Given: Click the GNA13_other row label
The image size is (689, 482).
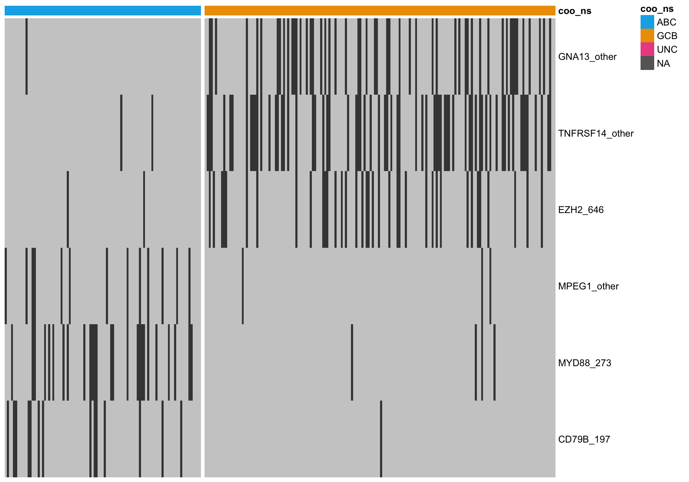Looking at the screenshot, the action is tap(587, 57).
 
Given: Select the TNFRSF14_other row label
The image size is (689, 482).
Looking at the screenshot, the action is tap(596, 133).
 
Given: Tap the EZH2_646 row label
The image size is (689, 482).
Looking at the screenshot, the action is tap(581, 210).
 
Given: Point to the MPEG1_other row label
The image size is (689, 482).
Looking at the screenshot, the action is tap(588, 286).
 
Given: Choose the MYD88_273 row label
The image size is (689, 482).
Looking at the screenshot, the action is tap(585, 363).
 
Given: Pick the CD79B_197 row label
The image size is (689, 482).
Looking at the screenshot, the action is tap(584, 439).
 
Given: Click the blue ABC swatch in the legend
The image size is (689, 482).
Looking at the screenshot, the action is tap(647, 22).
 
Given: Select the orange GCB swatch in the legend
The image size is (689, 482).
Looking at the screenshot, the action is tap(647, 36).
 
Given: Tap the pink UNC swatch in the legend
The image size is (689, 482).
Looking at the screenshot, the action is tap(647, 49).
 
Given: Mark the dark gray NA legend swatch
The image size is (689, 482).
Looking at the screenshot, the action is tap(647, 63).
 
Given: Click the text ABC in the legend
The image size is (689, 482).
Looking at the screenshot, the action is tap(666, 22).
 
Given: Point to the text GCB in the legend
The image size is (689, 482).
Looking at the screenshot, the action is tap(667, 36).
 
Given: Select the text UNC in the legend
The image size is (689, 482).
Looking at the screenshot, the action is tap(667, 49).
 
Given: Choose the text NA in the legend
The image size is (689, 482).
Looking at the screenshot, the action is tap(664, 63).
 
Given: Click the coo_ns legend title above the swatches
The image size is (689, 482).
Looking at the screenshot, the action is tap(657, 9).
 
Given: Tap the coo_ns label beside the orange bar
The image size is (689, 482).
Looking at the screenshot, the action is tap(575, 11).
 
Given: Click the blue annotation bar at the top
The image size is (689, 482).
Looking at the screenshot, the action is tap(103, 11).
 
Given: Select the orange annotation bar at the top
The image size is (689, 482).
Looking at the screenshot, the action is tap(380, 11).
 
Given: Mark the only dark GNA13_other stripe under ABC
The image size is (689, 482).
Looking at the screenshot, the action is tap(27, 56).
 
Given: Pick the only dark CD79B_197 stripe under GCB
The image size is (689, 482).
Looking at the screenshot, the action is tap(381, 439).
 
